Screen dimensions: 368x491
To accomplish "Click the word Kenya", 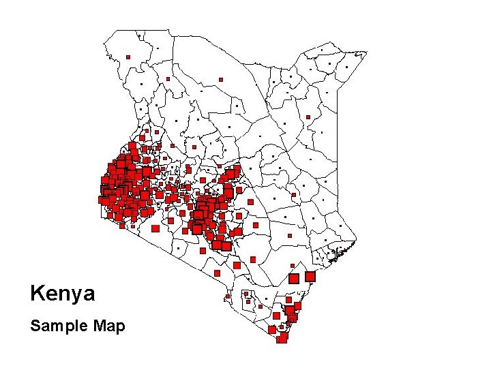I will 63,294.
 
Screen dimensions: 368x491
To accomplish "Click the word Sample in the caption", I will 53,326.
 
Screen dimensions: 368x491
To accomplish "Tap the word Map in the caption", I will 110,326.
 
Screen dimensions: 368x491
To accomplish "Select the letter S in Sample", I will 35,326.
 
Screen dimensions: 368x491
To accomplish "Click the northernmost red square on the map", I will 128,57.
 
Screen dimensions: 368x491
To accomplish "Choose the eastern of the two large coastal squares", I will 310,277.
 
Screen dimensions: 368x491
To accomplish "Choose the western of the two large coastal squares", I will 294,279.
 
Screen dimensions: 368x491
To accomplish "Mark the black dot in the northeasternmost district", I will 322,50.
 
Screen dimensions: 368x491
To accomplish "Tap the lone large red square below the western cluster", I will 155,229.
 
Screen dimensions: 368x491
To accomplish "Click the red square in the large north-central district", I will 221,80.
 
